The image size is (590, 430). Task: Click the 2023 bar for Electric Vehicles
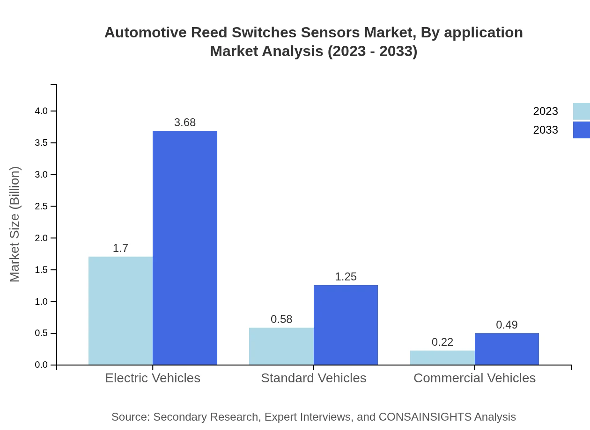120,310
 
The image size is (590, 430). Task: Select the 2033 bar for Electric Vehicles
185,248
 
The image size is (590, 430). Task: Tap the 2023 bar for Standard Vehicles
281,346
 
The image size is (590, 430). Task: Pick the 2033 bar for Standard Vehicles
346,325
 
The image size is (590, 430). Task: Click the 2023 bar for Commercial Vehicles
442,358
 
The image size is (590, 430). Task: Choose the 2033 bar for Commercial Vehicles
507,349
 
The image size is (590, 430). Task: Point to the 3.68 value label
185,122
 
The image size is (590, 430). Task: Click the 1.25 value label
346,277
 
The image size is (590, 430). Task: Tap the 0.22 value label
442,342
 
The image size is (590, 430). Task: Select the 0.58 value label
281,319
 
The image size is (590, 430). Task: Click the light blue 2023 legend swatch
581,111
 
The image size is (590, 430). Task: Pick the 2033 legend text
545,130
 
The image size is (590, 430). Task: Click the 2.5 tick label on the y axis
41,206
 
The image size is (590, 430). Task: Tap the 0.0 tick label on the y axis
41,365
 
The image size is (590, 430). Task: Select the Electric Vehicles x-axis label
153,378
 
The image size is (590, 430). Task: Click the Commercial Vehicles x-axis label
474,378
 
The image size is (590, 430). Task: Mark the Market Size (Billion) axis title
15,224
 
